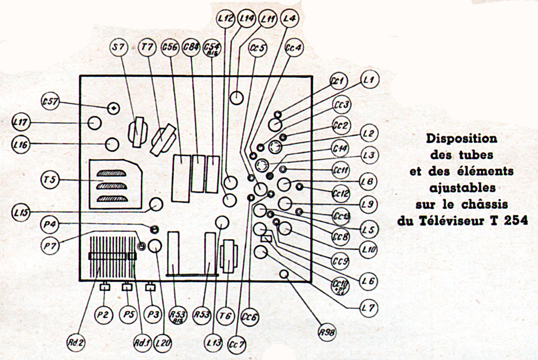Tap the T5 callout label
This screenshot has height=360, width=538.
coord(50,179)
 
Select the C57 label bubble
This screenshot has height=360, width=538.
coord(50,102)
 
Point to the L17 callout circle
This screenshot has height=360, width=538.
coord(20,123)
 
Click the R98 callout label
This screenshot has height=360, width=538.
coord(327,332)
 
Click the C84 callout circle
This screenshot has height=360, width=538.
coord(191,47)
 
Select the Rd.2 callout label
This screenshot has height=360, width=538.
coord(76,342)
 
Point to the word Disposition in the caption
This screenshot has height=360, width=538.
coord(462,138)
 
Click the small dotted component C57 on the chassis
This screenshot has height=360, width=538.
coord(114,108)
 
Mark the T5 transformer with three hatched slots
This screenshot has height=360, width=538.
coord(115,185)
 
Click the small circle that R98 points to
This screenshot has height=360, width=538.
coord(284,275)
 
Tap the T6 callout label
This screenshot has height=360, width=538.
coord(225,316)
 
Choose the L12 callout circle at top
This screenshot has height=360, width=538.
coord(226,18)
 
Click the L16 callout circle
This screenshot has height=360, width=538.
coord(20,145)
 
